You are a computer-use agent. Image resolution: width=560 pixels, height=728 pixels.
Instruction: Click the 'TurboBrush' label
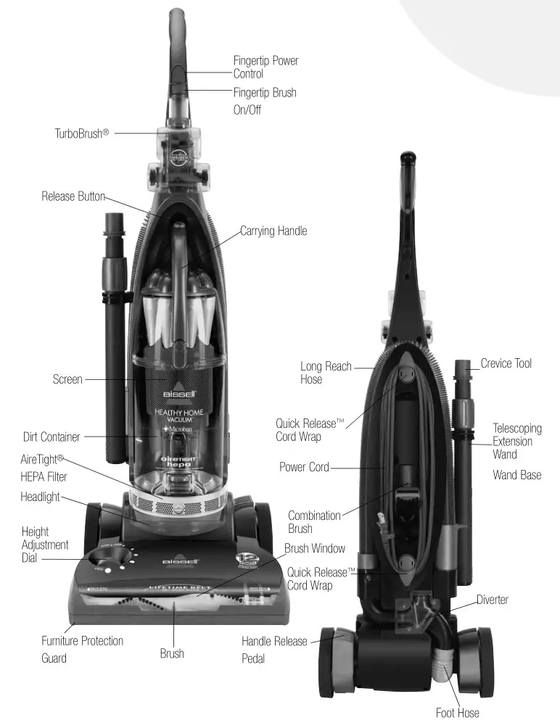click(x=81, y=133)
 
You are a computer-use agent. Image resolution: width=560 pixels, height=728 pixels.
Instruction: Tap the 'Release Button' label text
click(x=73, y=197)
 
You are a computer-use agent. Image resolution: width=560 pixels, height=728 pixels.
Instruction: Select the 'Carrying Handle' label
click(x=273, y=231)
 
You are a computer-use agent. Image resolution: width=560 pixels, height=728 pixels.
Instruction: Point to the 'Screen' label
click(x=67, y=379)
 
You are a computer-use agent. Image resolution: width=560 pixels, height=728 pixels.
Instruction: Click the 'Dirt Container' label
click(x=52, y=437)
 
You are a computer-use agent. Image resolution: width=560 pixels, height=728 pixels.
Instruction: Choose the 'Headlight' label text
click(x=40, y=497)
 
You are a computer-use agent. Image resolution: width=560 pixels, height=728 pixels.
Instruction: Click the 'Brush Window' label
click(x=315, y=548)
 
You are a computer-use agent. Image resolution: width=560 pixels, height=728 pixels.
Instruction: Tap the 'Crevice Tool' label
click(x=506, y=363)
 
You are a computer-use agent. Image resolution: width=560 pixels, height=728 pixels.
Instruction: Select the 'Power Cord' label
click(x=304, y=467)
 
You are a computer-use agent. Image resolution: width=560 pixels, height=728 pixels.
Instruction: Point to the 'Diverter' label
click(x=493, y=600)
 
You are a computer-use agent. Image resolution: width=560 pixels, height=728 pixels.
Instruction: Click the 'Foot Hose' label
click(x=457, y=713)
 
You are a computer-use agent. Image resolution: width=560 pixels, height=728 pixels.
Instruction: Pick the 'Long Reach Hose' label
click(x=326, y=373)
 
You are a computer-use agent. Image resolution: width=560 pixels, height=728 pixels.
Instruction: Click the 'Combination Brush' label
click(x=314, y=522)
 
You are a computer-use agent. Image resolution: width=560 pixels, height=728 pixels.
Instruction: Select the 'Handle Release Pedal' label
click(x=274, y=650)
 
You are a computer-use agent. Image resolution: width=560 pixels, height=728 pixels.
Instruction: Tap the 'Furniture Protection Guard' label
click(x=82, y=650)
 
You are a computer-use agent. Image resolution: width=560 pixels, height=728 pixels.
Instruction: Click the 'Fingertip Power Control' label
click(x=265, y=67)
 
